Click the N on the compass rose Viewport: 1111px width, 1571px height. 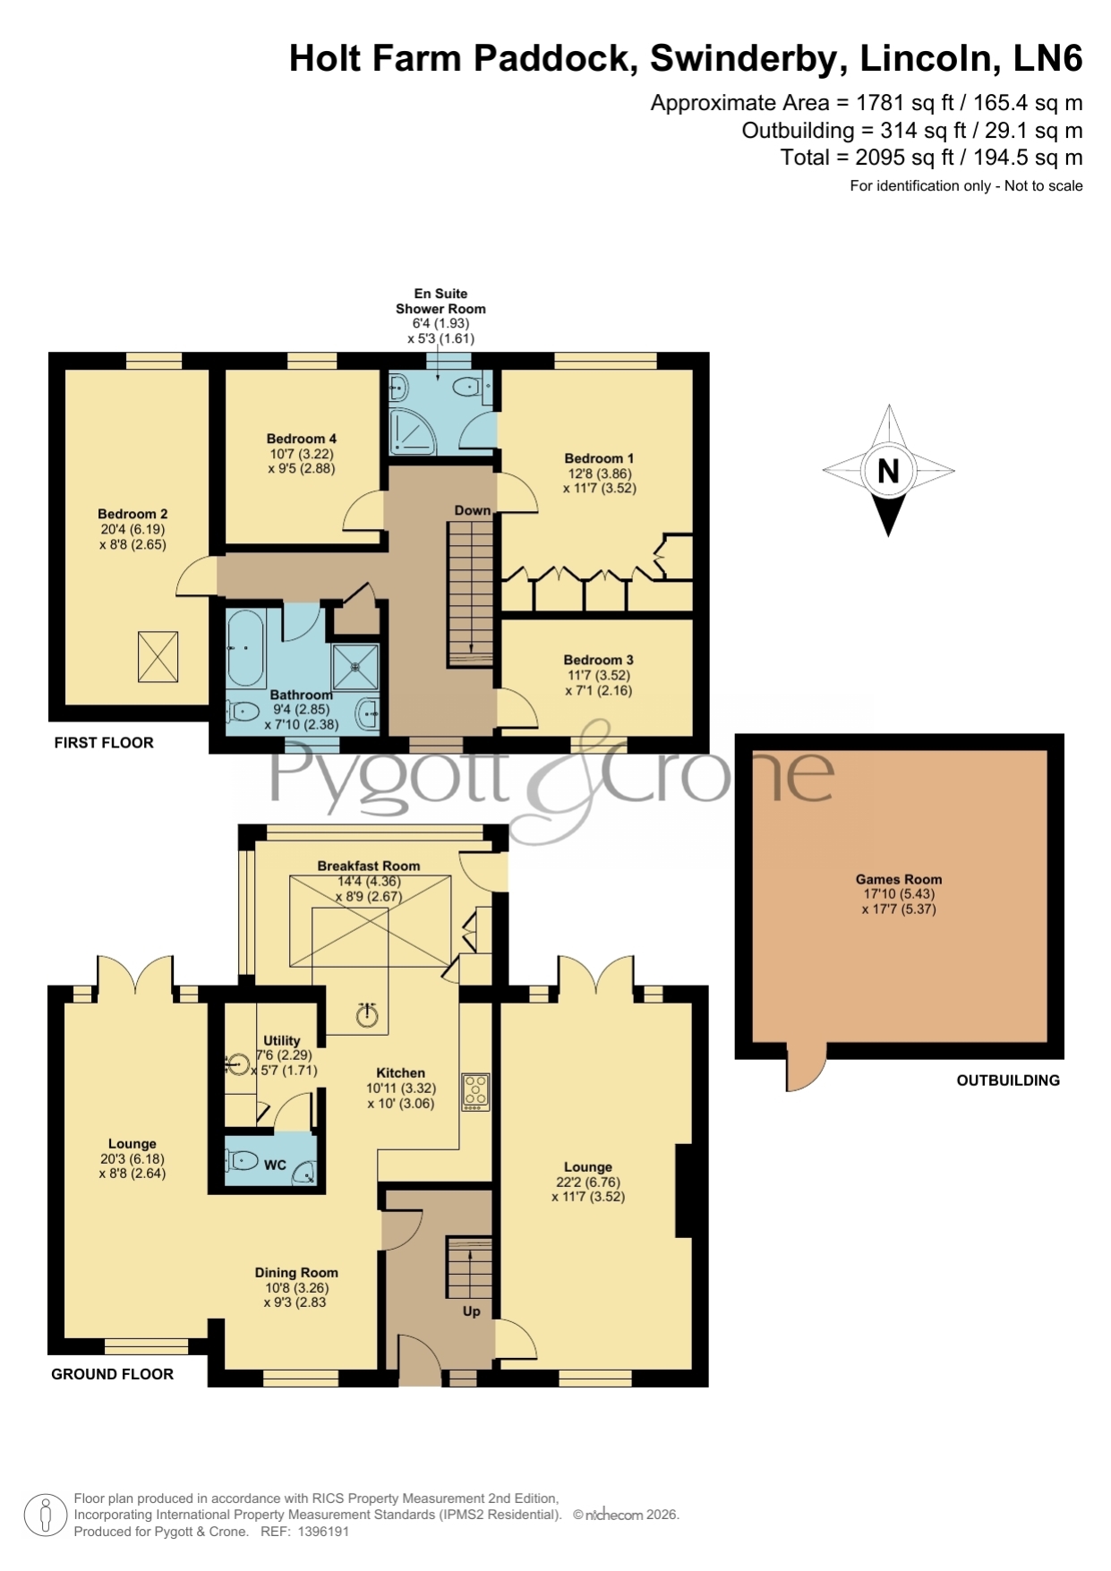click(888, 471)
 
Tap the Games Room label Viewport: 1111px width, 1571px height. click(899, 879)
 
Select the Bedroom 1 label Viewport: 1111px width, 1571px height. click(599, 458)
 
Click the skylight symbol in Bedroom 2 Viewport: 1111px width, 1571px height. click(158, 656)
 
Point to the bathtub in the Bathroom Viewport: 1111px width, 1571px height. click(244, 646)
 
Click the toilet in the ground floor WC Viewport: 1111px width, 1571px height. click(241, 1161)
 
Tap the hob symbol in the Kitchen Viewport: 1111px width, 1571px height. click(475, 1092)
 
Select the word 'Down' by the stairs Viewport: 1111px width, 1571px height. click(473, 510)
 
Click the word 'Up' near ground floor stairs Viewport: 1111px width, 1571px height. click(472, 1311)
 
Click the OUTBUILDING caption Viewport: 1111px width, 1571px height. click(1008, 1080)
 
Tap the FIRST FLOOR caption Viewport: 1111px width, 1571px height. click(104, 742)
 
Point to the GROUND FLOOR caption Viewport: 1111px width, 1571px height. click(113, 1374)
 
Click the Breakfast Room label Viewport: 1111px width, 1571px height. click(369, 866)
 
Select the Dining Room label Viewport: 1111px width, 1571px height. click(296, 1272)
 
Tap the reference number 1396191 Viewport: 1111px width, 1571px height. click(322, 1532)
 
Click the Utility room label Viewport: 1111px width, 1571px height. click(282, 1040)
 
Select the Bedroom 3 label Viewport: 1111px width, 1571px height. click(598, 660)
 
